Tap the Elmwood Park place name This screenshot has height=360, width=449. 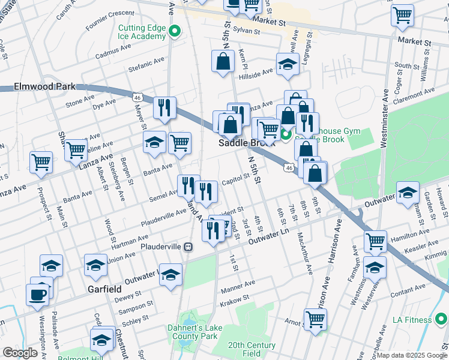(x=37, y=86)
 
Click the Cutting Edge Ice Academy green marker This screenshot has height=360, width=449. (x=175, y=32)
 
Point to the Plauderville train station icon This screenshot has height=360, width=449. (x=188, y=247)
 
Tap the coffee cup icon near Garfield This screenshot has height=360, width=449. (x=37, y=293)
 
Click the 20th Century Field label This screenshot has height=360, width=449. (x=252, y=349)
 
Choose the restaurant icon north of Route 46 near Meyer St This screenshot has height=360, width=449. (x=164, y=107)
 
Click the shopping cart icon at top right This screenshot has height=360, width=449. (x=402, y=14)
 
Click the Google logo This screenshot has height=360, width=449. (x=20, y=353)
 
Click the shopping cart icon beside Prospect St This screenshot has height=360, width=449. (x=41, y=161)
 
